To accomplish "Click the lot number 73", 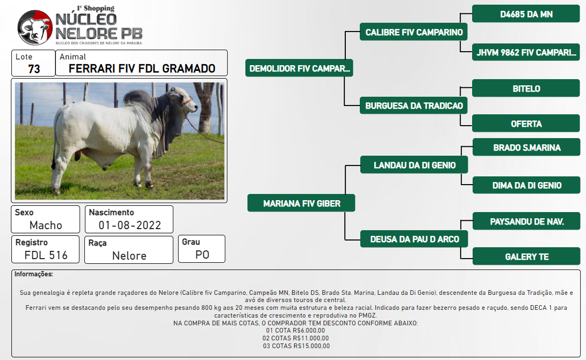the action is pyautogui.click(x=34, y=69).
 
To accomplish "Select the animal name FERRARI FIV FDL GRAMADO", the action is pyautogui.click(x=142, y=68).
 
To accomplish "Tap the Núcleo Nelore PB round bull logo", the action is pyautogui.click(x=35, y=27).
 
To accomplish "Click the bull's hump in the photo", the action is pyautogui.click(x=136, y=98).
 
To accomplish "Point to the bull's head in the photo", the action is pyautogui.click(x=183, y=99).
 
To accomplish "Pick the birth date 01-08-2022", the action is pyautogui.click(x=130, y=225).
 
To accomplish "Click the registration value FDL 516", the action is pyautogui.click(x=46, y=256).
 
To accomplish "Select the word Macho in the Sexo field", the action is pyautogui.click(x=46, y=225).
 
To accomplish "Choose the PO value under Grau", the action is pyautogui.click(x=202, y=254).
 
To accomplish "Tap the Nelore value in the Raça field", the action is pyautogui.click(x=129, y=256).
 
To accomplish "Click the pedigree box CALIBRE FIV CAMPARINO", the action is pyautogui.click(x=414, y=32).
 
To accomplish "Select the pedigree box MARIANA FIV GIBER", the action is pyautogui.click(x=301, y=203).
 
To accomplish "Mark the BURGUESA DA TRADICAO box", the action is pyautogui.click(x=414, y=106).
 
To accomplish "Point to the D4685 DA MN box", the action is pyautogui.click(x=526, y=14).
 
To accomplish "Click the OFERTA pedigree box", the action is pyautogui.click(x=526, y=124).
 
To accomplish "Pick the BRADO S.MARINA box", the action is pyautogui.click(x=526, y=147).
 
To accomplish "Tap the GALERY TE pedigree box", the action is pyautogui.click(x=526, y=257).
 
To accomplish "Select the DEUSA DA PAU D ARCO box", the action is pyautogui.click(x=414, y=239).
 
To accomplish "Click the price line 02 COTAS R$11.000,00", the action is pyautogui.click(x=296, y=338).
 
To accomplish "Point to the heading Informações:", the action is pyautogui.click(x=34, y=274).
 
